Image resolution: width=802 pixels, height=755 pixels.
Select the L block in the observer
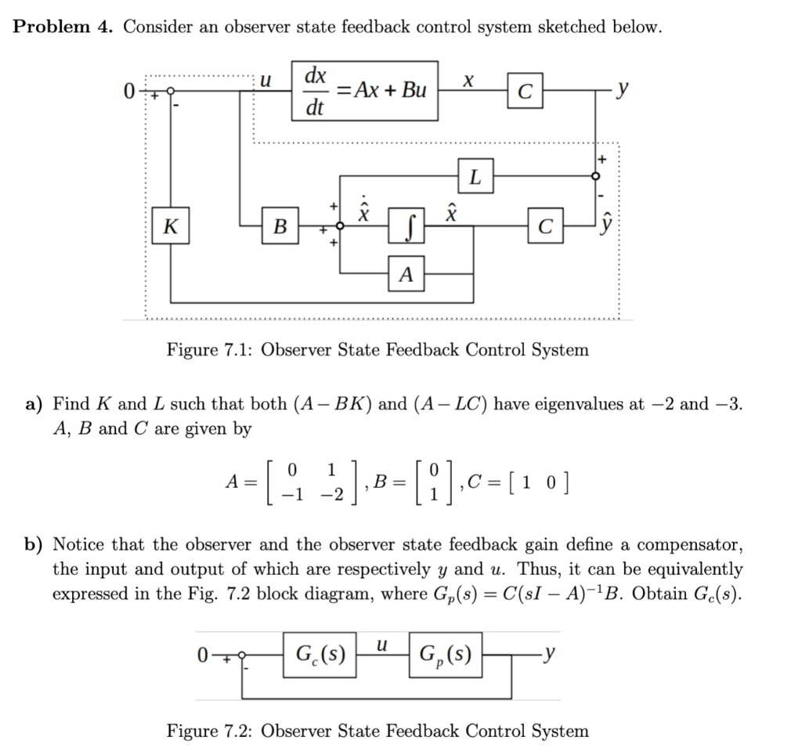[x=475, y=177]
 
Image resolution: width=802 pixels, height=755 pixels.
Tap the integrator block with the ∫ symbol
[x=405, y=228]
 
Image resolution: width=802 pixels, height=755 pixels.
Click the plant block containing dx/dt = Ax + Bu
[x=364, y=90]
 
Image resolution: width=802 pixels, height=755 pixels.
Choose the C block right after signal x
[x=525, y=90]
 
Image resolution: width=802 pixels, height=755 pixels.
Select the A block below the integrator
[x=405, y=273]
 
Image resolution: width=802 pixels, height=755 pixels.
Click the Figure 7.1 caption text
[x=378, y=349]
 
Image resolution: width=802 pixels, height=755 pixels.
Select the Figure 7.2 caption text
[x=378, y=731]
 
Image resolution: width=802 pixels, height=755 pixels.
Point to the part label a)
[x=34, y=404]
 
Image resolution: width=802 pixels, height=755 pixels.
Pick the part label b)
[x=34, y=544]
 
